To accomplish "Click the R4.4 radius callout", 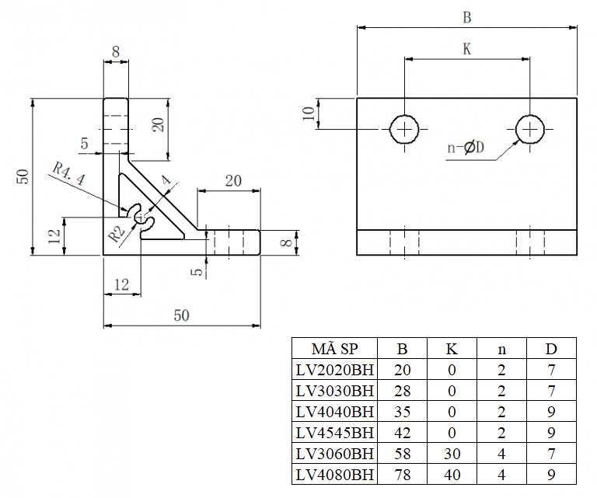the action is click(x=69, y=173).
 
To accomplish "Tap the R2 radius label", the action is click(x=116, y=235).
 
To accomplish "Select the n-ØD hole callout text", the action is click(x=466, y=148).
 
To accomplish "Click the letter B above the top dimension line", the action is click(x=466, y=18).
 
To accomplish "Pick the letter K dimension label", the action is click(x=466, y=49).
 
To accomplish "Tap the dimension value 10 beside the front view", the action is click(x=309, y=113).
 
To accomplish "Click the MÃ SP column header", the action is click(x=335, y=349).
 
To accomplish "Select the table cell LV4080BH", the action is click(x=335, y=475).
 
